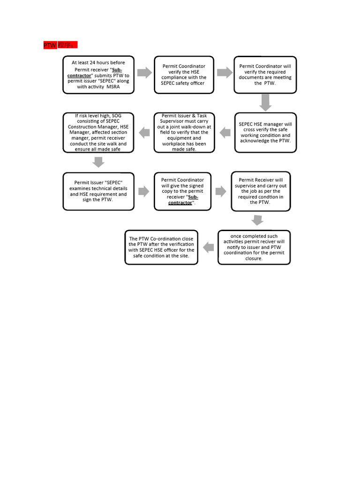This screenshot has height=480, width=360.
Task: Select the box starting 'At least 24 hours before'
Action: pyautogui.click(x=98, y=75)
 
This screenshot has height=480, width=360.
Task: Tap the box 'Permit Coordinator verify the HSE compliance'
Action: pyautogui.click(x=183, y=75)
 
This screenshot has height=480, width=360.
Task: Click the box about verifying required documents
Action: pyautogui.click(x=265, y=75)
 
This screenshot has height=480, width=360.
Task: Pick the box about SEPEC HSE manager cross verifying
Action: pyautogui.click(x=265, y=132)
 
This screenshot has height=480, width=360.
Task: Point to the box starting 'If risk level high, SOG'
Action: pyautogui.click(x=98, y=132)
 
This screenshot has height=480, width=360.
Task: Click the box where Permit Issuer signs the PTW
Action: pyautogui.click(x=98, y=191)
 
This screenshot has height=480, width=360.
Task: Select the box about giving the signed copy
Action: pyautogui.click(x=183, y=191)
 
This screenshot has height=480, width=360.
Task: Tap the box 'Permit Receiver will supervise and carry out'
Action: pyautogui.click(x=260, y=191)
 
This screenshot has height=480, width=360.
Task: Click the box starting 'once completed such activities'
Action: pyautogui.click(x=254, y=247)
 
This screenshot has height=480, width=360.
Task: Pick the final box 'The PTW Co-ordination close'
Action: pyautogui.click(x=161, y=247)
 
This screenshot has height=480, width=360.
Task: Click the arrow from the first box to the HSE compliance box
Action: pyautogui.click(x=145, y=72)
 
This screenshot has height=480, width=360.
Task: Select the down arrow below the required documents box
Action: pyautogui.click(x=266, y=102)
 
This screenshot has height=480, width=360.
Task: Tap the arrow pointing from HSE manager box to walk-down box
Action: pyautogui.click(x=225, y=132)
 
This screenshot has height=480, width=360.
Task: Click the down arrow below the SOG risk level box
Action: pyautogui.click(x=98, y=162)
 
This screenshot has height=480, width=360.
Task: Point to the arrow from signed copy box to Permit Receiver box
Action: pyautogui.click(x=221, y=191)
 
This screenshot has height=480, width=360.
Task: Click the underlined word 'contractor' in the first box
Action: pyautogui.click(x=79, y=75)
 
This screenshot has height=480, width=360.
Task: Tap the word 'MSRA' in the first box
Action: pyautogui.click(x=113, y=87)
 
